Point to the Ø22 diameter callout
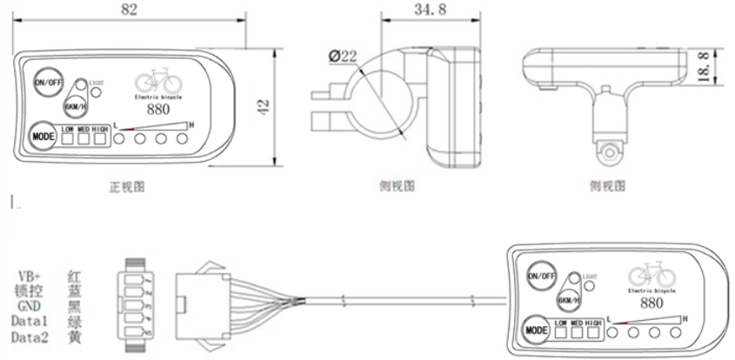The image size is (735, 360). (x=344, y=57)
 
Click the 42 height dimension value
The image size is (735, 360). (x=263, y=107)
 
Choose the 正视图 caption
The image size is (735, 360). (x=126, y=186)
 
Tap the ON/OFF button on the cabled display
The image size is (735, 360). (x=539, y=276)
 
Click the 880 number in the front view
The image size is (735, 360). (x=158, y=111)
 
